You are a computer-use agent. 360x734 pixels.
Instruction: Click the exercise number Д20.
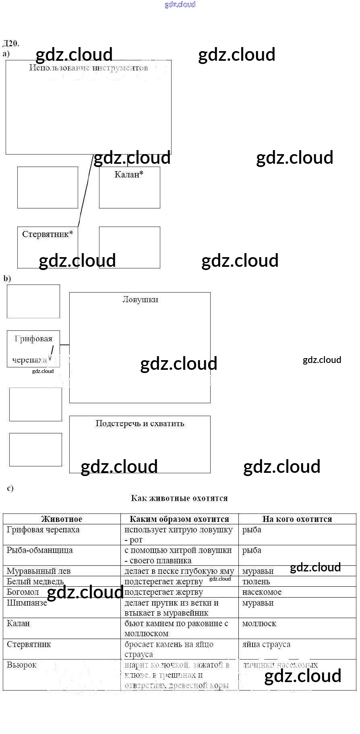11,43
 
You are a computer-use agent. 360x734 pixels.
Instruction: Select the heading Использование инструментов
89,68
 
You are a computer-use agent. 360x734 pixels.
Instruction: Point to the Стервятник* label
48,234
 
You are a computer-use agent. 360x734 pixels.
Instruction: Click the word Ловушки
140,299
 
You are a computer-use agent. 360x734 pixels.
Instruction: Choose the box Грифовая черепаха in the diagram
33,349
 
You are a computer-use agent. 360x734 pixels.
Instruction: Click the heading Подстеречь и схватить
140,423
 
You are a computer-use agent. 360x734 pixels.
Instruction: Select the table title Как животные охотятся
179,498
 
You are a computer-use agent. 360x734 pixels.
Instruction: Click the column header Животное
62,519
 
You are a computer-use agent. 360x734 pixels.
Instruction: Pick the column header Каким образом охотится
179,519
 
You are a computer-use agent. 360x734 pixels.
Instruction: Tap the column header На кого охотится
297,519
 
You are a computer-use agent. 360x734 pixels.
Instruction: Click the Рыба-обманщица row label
40,550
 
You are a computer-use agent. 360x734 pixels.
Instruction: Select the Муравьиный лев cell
39,571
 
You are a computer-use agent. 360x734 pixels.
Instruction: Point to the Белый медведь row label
35,581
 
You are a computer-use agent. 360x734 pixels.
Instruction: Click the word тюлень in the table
256,581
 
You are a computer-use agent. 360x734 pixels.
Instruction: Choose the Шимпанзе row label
27,603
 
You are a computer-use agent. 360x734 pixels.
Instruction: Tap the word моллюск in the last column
259,623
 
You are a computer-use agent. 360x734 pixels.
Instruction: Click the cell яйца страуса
266,644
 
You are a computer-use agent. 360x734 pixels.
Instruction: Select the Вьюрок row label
22,665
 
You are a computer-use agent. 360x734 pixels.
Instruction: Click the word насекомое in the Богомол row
262,592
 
